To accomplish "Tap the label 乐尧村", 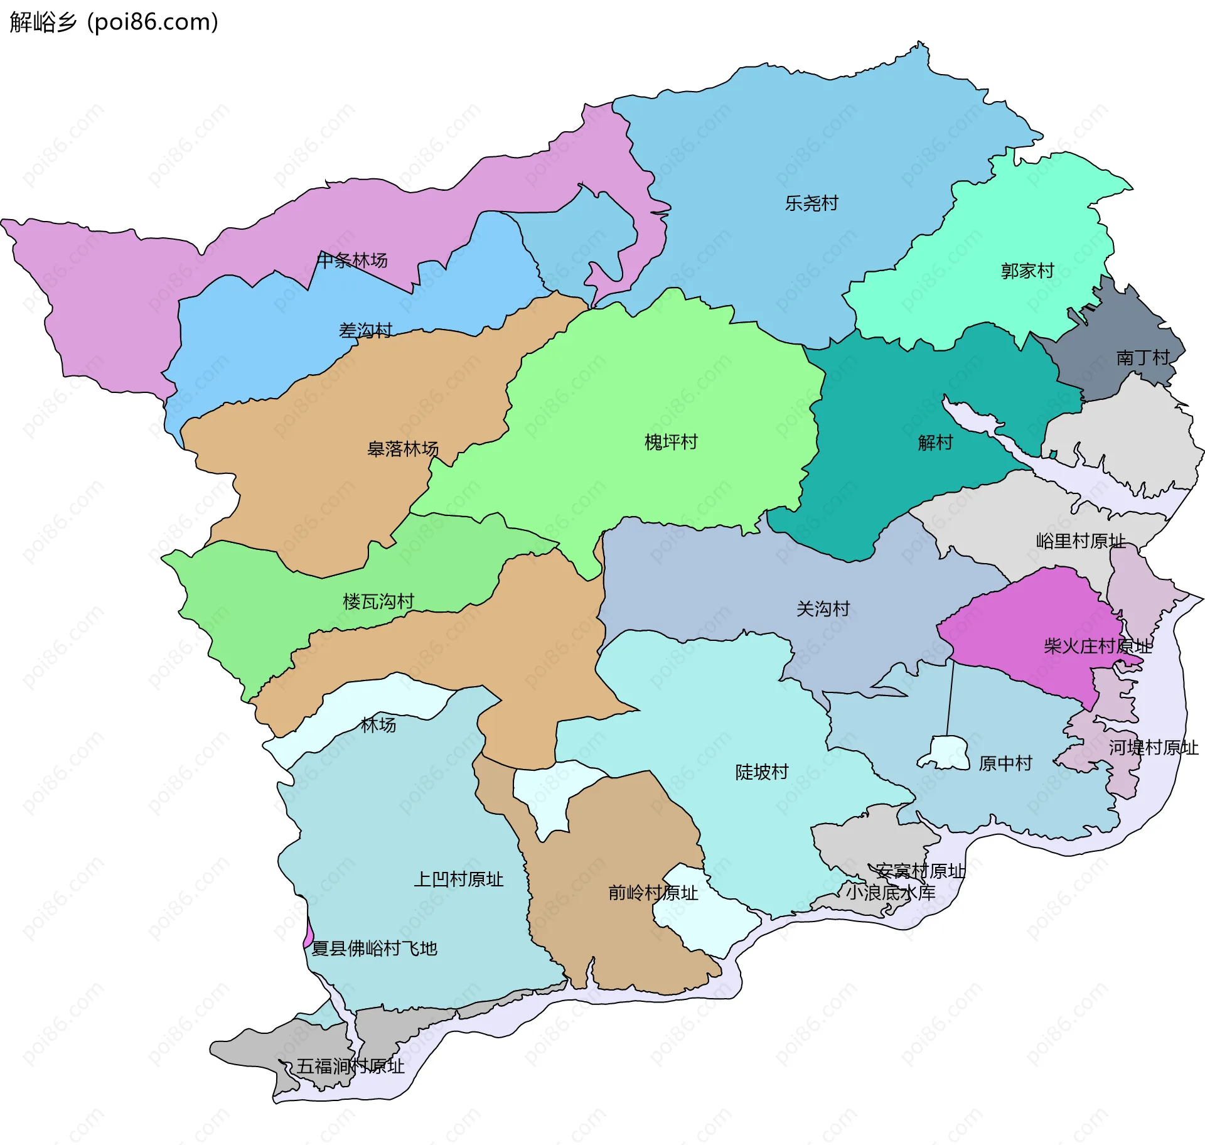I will point(811,203).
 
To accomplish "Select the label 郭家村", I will point(1027,271).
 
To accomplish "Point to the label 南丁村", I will point(1143,358).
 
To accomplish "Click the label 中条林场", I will point(351,260).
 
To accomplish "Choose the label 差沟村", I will point(365,330).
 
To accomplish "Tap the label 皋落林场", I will point(403,449).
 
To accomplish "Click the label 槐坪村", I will point(671,443).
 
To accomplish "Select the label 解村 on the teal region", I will point(935,443).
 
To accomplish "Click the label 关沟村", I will point(823,609).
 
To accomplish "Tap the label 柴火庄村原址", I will point(1098,647).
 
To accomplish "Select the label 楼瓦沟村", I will point(378,602).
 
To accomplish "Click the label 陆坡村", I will point(762,772).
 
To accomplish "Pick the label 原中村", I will point(1005,763).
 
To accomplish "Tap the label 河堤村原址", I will point(1154,748).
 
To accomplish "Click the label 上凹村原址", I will point(459,879).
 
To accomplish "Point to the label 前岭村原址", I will point(653,893).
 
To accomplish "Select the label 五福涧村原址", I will point(350,1066).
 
